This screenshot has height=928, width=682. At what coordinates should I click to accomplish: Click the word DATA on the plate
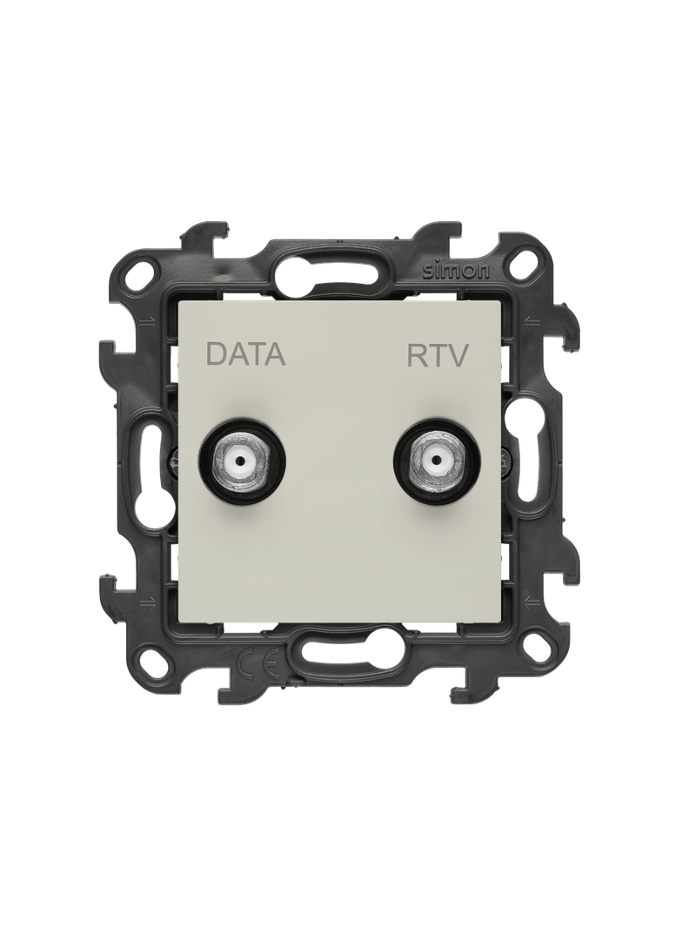pos(245,355)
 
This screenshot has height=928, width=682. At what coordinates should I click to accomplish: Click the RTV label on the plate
pos(438,355)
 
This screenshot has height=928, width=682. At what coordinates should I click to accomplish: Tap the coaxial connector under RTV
pos(438,460)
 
